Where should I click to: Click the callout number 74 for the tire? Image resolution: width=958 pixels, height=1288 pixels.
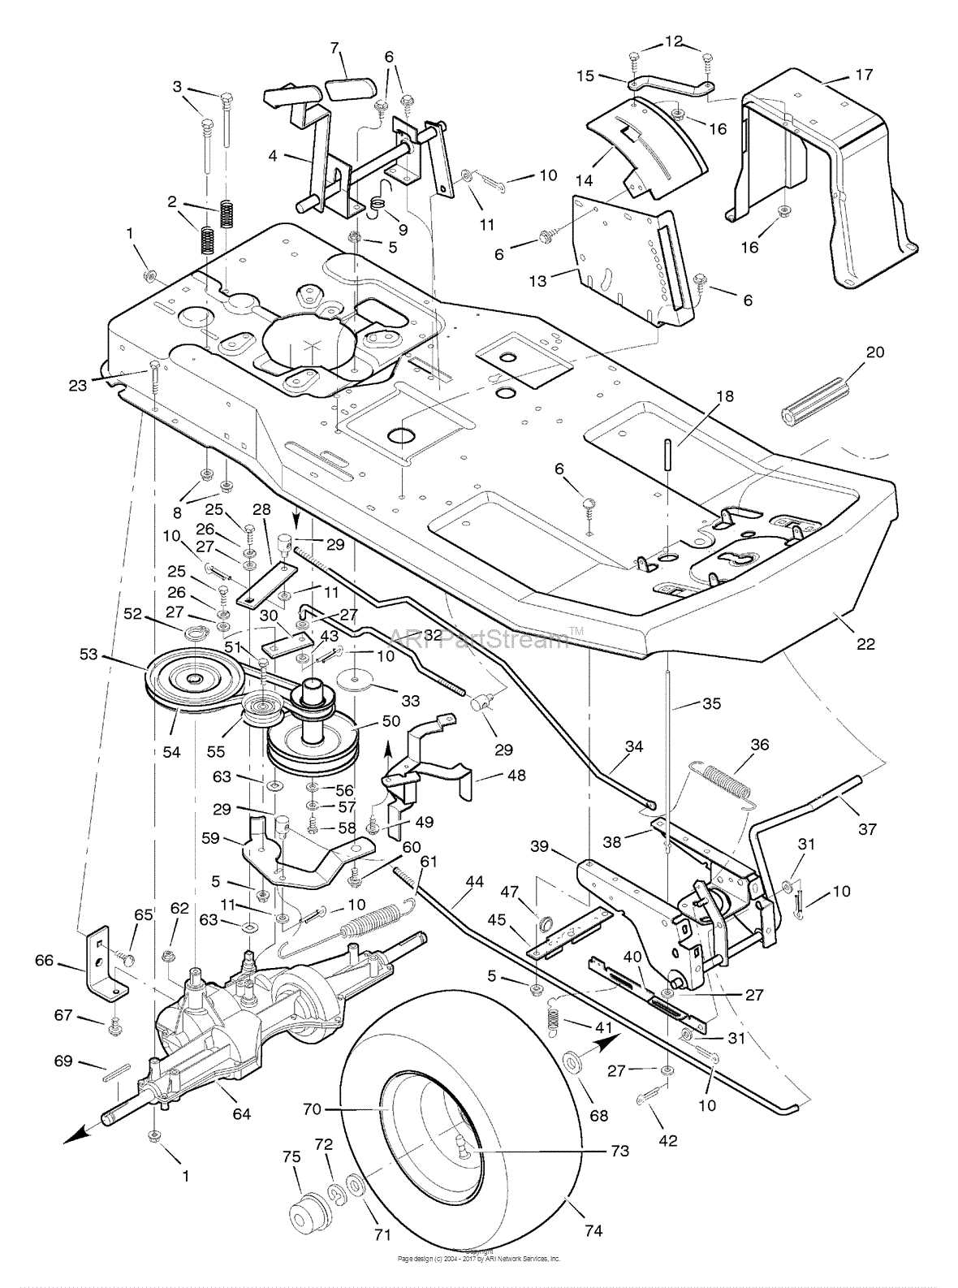(x=593, y=1231)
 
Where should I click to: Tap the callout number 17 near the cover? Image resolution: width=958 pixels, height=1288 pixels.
(x=864, y=75)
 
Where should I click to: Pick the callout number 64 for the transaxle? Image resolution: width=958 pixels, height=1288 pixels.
(x=241, y=1113)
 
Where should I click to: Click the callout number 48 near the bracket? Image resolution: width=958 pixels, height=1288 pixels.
(x=516, y=776)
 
